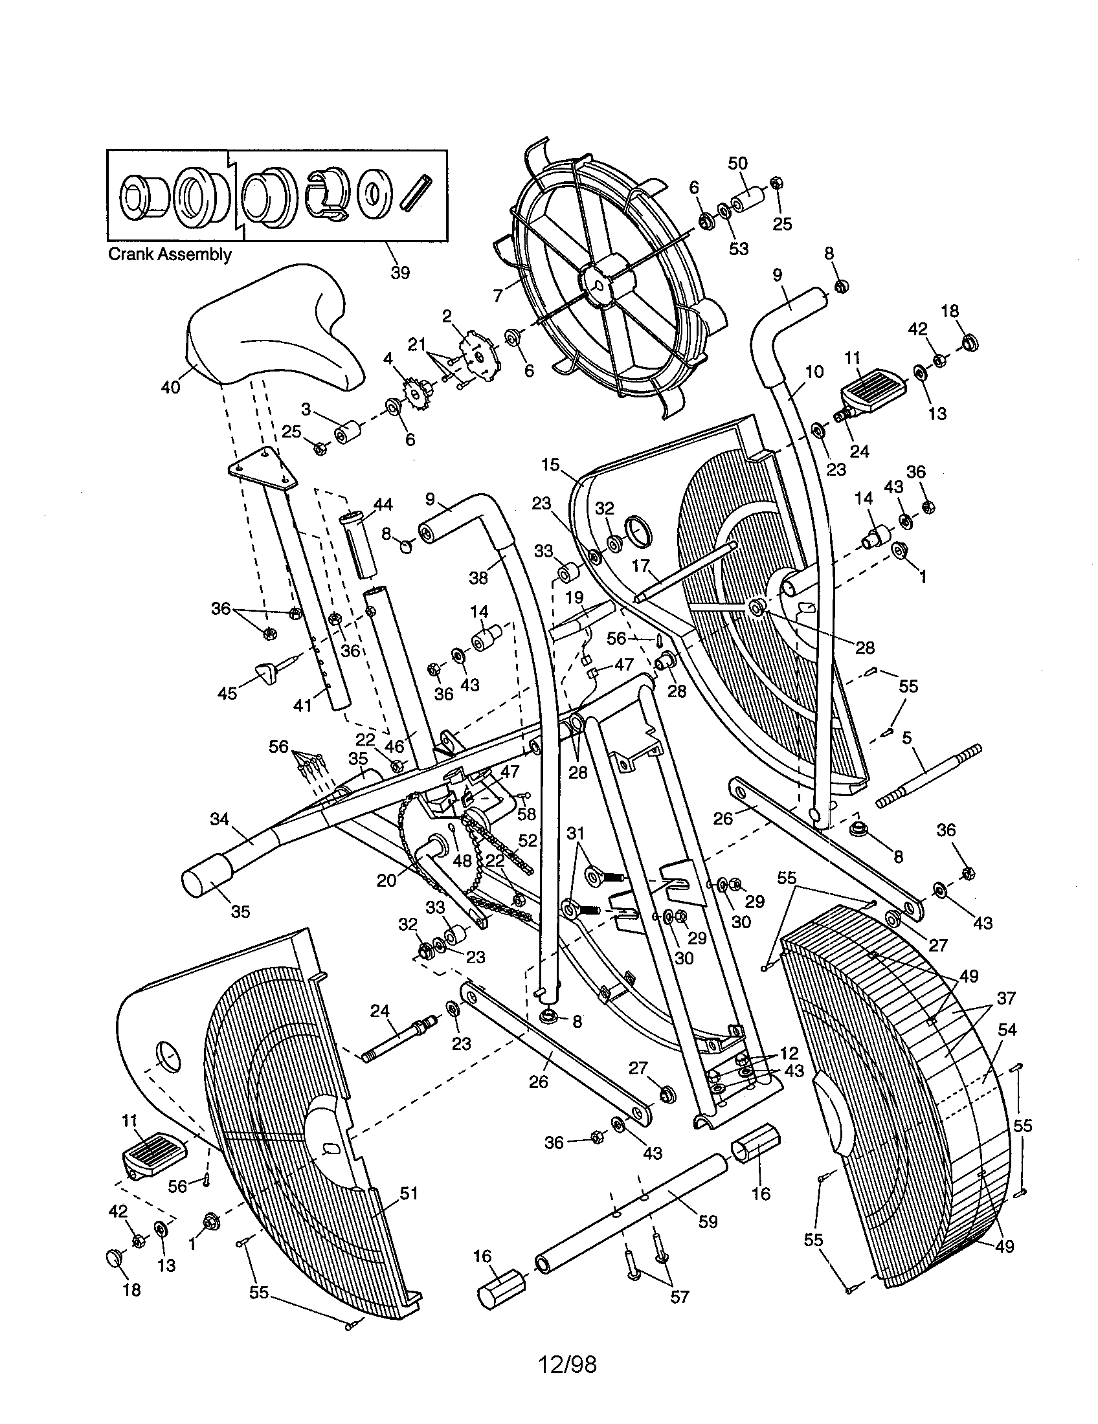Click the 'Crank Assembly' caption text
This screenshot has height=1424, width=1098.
point(169,254)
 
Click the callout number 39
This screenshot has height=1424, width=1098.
point(399,273)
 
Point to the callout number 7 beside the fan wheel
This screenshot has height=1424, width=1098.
point(498,295)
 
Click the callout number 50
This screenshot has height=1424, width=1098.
point(738,163)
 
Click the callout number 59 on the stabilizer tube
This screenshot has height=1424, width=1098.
point(708,1221)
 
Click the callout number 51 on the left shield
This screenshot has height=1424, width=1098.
point(408,1193)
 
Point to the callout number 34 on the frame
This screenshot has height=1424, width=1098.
point(219,819)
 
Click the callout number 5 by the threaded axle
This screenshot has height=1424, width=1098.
point(907,738)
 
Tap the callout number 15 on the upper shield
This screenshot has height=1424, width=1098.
point(550,465)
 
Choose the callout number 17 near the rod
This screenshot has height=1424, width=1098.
point(640,566)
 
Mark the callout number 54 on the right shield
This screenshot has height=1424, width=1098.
point(1007,1030)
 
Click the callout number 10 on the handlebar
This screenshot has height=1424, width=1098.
point(814,372)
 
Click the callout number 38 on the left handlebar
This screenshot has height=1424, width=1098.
point(478,577)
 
